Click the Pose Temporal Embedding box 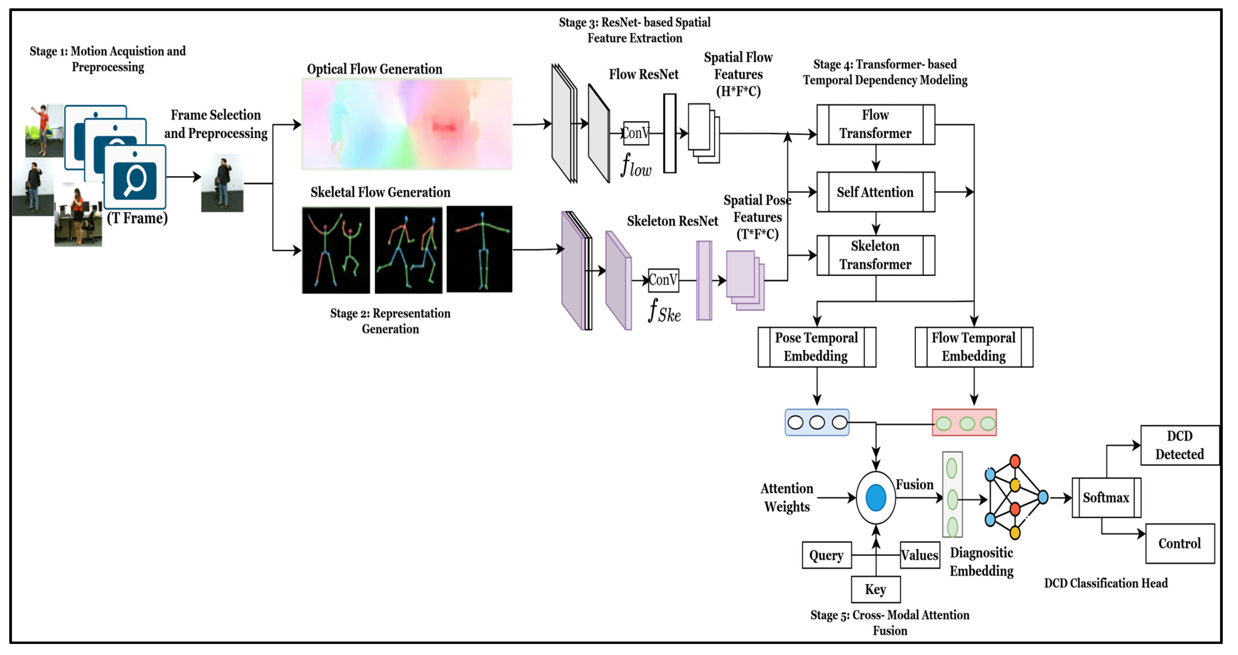tap(816, 347)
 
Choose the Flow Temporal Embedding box tap(974, 347)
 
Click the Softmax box tap(1106, 497)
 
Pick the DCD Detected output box tap(1180, 445)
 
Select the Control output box tap(1180, 544)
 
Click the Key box tap(876, 589)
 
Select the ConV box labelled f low tap(636, 133)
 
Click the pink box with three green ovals tap(964, 422)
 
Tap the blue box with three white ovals tap(817, 422)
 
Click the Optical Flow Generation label tap(374, 69)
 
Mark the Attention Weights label tap(787, 497)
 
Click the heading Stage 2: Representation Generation tap(390, 321)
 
